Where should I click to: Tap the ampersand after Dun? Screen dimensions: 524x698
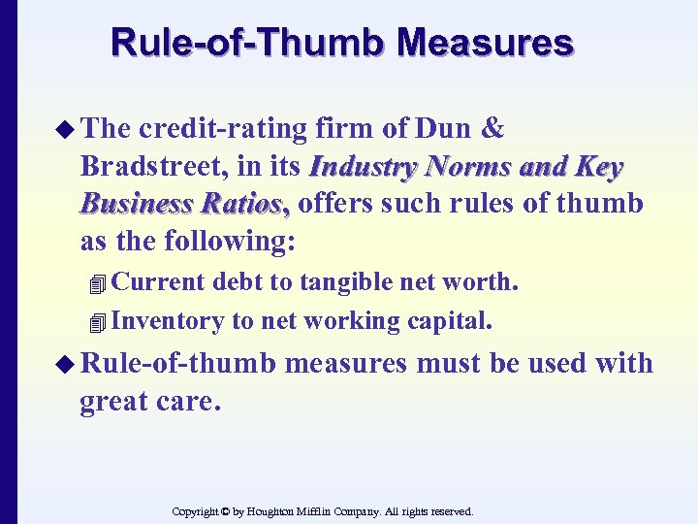click(x=492, y=130)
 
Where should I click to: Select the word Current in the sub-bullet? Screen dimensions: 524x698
click(x=159, y=282)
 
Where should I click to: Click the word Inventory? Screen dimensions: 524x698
click(x=167, y=320)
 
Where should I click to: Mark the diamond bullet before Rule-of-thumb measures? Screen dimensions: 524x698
click(x=63, y=365)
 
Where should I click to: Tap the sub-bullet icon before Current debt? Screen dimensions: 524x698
click(x=94, y=284)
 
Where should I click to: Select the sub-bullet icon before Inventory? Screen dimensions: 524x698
click(x=94, y=322)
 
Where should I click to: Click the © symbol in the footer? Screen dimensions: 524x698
click(x=228, y=510)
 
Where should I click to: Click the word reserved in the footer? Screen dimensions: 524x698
click(x=448, y=510)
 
